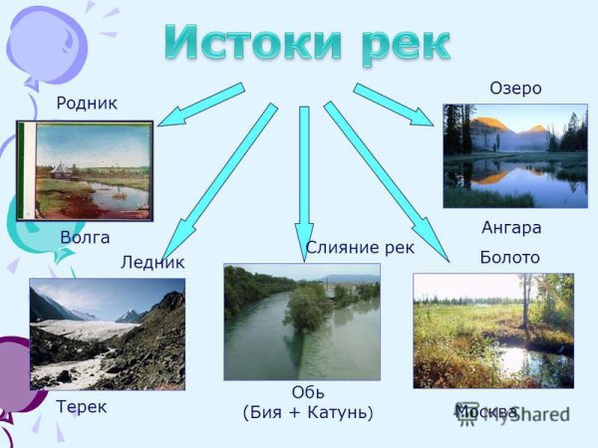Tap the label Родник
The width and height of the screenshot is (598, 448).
pyautogui.click(x=87, y=103)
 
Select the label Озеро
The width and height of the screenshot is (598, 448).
pyautogui.click(x=515, y=89)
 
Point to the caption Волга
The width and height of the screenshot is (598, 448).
pyautogui.click(x=85, y=238)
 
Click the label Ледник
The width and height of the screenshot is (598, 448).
pyautogui.click(x=152, y=263)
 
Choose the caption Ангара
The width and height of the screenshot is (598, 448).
pyautogui.click(x=510, y=227)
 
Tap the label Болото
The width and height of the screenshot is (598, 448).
pyautogui.click(x=509, y=257)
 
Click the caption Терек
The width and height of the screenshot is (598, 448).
pyautogui.click(x=82, y=406)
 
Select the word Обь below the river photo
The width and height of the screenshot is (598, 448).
pyautogui.click(x=308, y=392)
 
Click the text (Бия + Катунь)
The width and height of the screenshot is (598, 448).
pyautogui.click(x=308, y=411)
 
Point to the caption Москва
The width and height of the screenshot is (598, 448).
pyautogui.click(x=486, y=411)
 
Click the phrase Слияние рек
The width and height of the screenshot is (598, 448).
pyautogui.click(x=360, y=247)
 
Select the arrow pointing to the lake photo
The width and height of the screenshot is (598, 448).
pyautogui.click(x=393, y=106)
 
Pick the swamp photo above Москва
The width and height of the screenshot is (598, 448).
pyautogui.click(x=493, y=331)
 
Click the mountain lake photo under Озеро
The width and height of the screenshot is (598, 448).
pyautogui.click(x=515, y=155)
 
